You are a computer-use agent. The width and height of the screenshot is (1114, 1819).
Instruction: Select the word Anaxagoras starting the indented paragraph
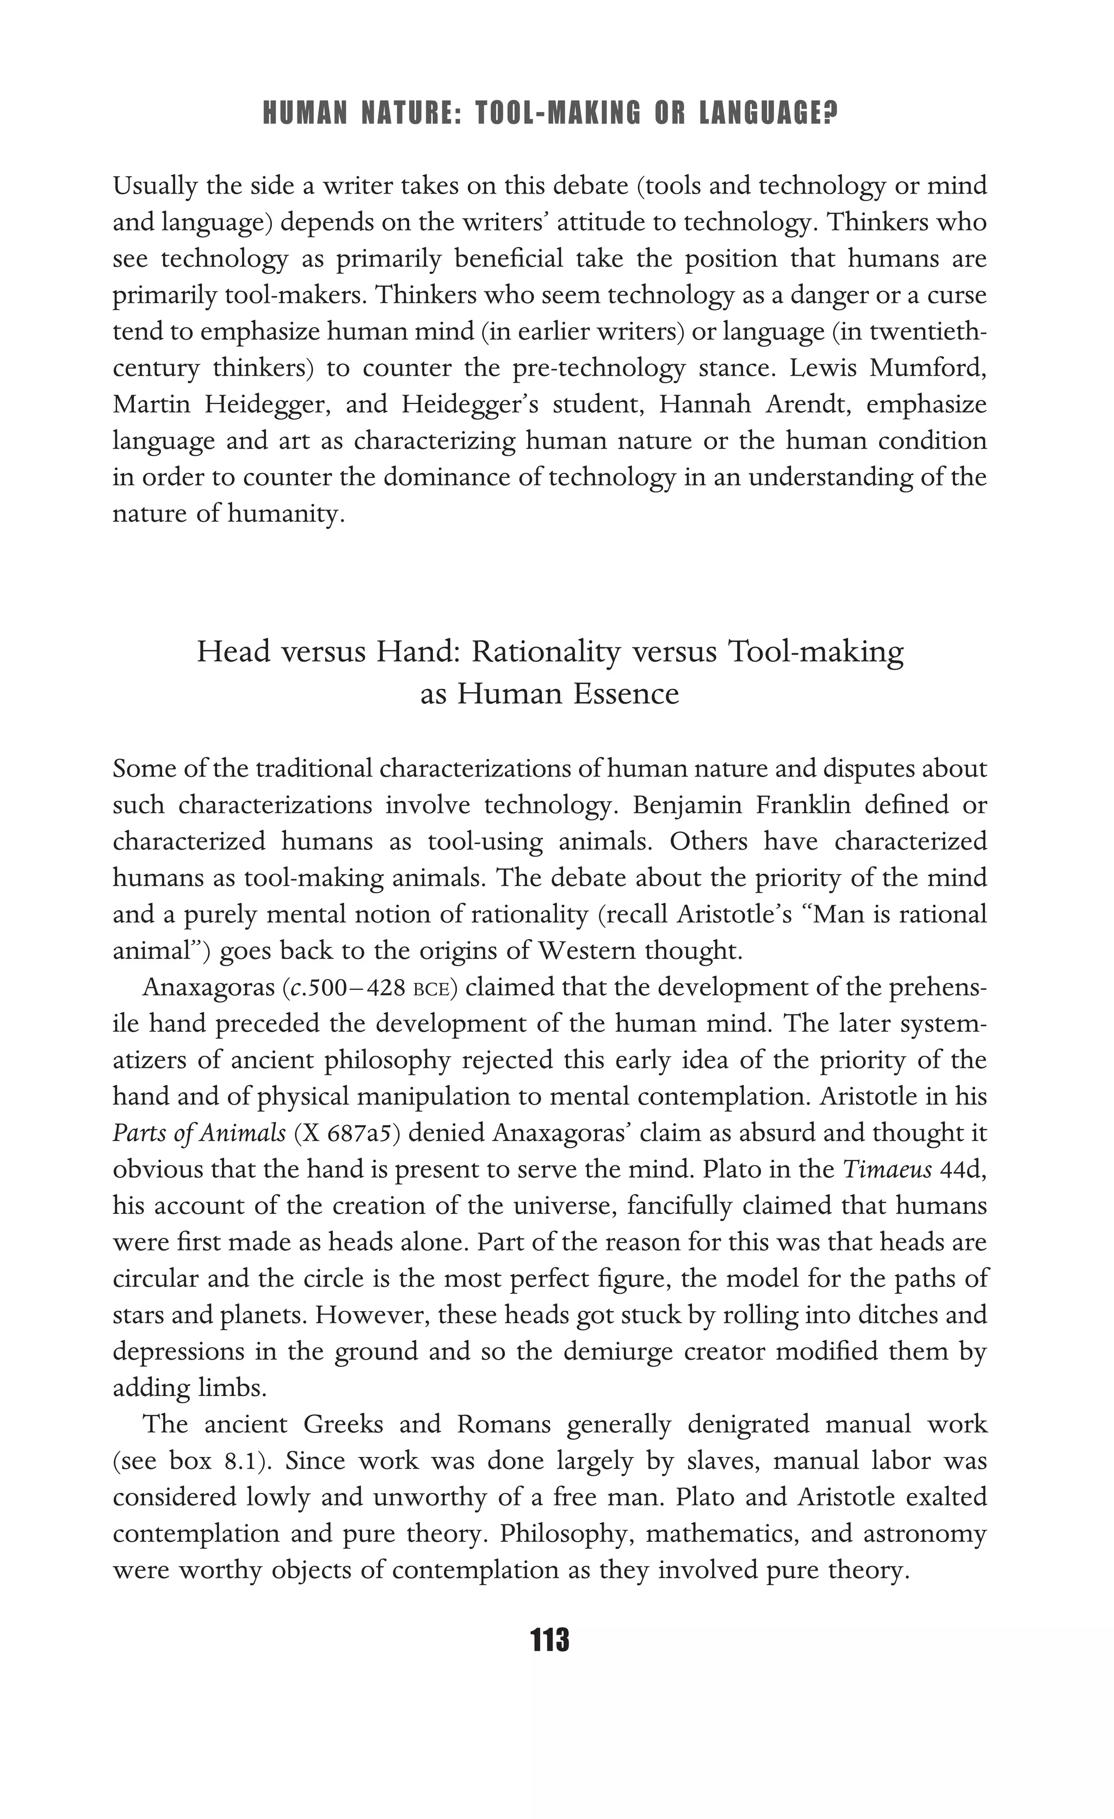(208, 988)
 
